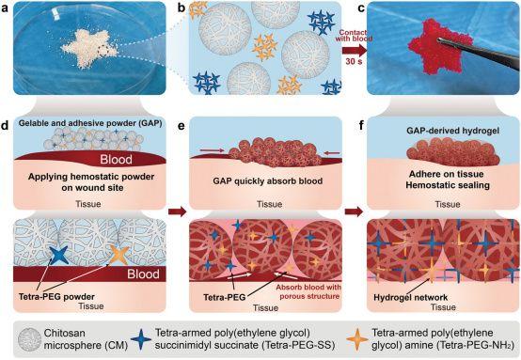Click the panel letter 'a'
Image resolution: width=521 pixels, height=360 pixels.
click(8, 8)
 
